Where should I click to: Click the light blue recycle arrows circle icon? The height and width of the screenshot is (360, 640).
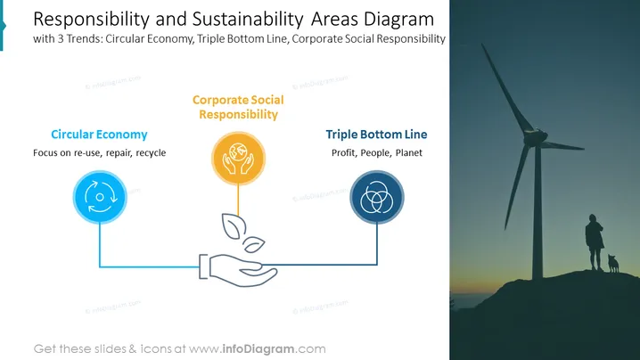tap(100, 197)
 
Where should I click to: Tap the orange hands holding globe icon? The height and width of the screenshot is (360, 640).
tap(238, 159)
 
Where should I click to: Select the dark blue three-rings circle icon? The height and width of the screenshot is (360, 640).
tap(377, 198)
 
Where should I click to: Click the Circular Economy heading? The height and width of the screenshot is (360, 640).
tap(99, 135)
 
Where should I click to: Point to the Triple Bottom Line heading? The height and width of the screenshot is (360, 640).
tap(376, 135)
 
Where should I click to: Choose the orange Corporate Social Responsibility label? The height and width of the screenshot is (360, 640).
tap(238, 107)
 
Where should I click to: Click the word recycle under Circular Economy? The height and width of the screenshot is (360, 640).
tap(151, 152)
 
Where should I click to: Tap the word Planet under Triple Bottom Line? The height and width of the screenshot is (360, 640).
tap(408, 152)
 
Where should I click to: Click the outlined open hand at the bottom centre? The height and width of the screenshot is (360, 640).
tap(238, 270)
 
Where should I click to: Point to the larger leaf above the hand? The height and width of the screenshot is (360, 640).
tap(234, 226)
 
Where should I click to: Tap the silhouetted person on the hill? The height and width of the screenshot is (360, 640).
tap(595, 241)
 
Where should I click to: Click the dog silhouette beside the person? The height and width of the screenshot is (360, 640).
tap(613, 263)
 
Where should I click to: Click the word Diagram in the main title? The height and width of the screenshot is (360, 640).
tap(398, 20)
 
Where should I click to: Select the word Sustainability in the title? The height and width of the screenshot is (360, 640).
tap(248, 20)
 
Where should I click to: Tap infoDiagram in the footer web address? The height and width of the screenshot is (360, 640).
tap(258, 349)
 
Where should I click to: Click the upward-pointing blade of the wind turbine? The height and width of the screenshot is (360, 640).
tap(507, 87)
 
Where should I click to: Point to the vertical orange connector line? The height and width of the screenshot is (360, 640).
tap(238, 200)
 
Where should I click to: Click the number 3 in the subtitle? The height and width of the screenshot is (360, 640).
tap(60, 39)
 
